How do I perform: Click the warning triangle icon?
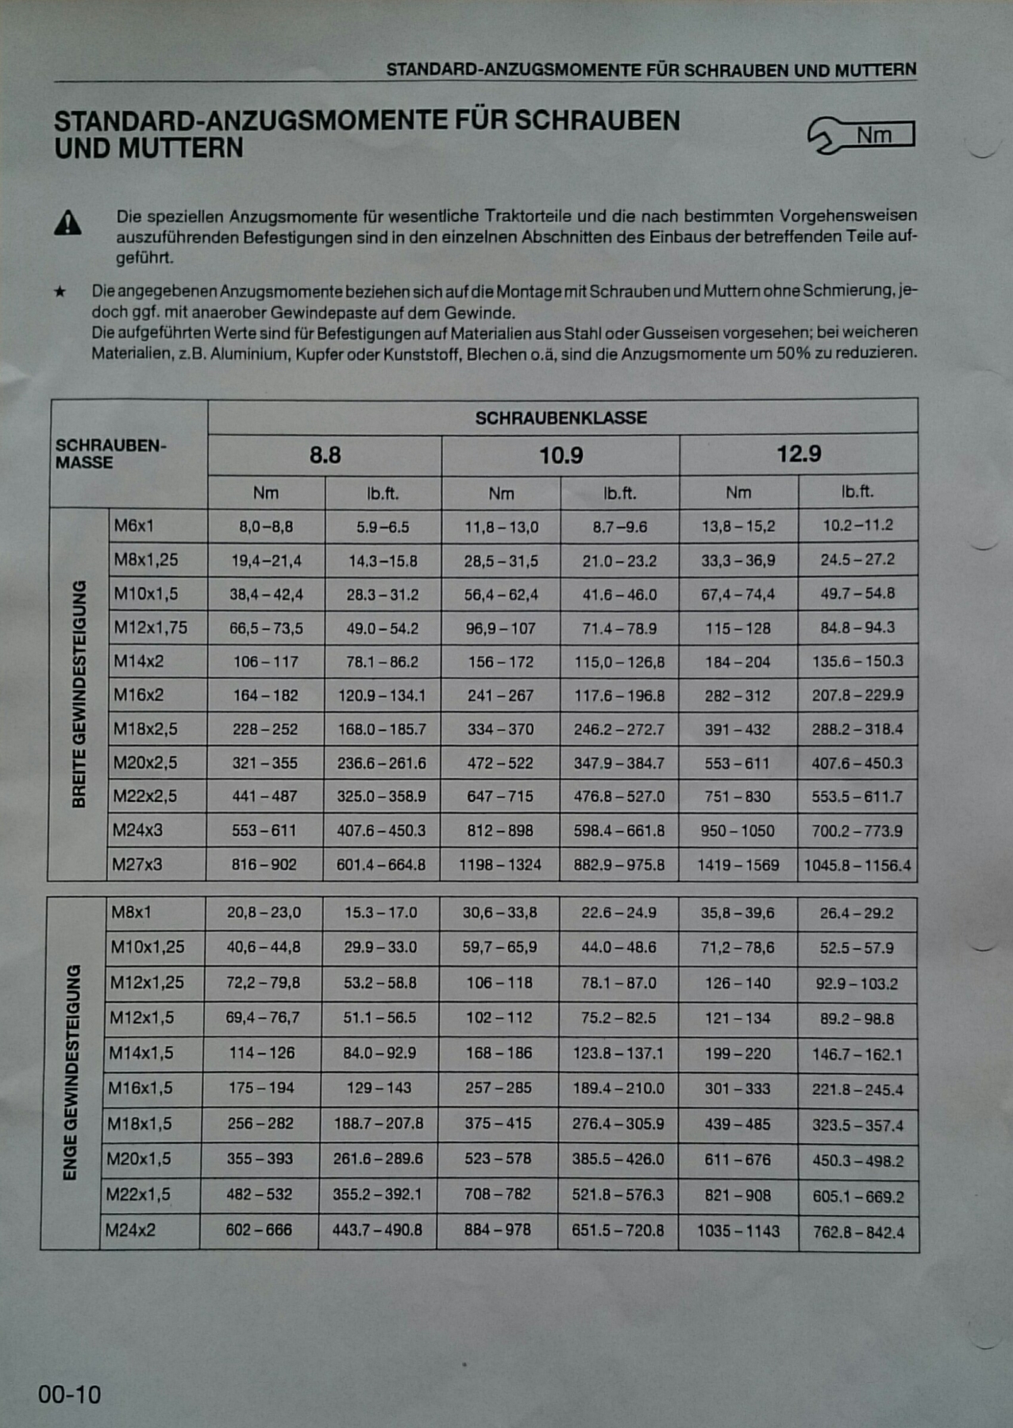67,223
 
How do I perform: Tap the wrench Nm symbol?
861,136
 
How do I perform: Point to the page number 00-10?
70,1394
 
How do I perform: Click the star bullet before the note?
60,292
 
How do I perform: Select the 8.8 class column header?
325,455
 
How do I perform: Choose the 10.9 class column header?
560,455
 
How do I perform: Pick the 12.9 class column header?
799,454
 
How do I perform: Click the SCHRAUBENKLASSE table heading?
561,418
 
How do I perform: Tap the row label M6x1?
133,525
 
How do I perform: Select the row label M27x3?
137,864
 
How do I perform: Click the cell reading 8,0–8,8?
266,526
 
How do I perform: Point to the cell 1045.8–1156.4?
857,866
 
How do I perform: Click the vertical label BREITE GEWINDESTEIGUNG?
79,694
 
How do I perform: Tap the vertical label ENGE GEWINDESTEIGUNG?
71,1073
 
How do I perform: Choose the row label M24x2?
130,1230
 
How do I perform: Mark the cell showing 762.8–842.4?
858,1233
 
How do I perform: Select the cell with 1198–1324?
500,865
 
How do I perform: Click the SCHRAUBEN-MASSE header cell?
110,454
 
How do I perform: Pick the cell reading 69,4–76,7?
263,1017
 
